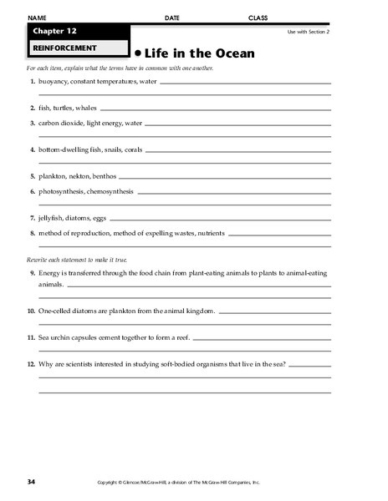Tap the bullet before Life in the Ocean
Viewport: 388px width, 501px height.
[139, 52]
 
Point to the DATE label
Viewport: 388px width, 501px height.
[171, 17]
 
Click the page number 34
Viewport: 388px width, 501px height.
[31, 482]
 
